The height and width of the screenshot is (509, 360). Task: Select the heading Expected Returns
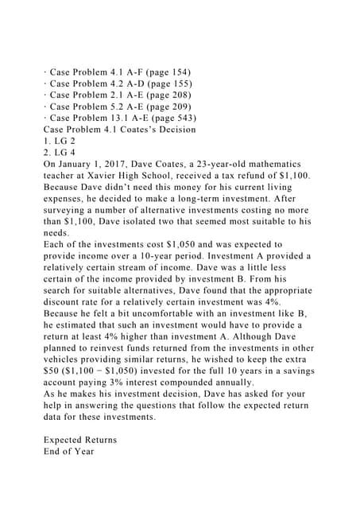pyautogui.click(x=79, y=439)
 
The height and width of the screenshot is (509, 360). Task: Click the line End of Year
pyautogui.click(x=68, y=451)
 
